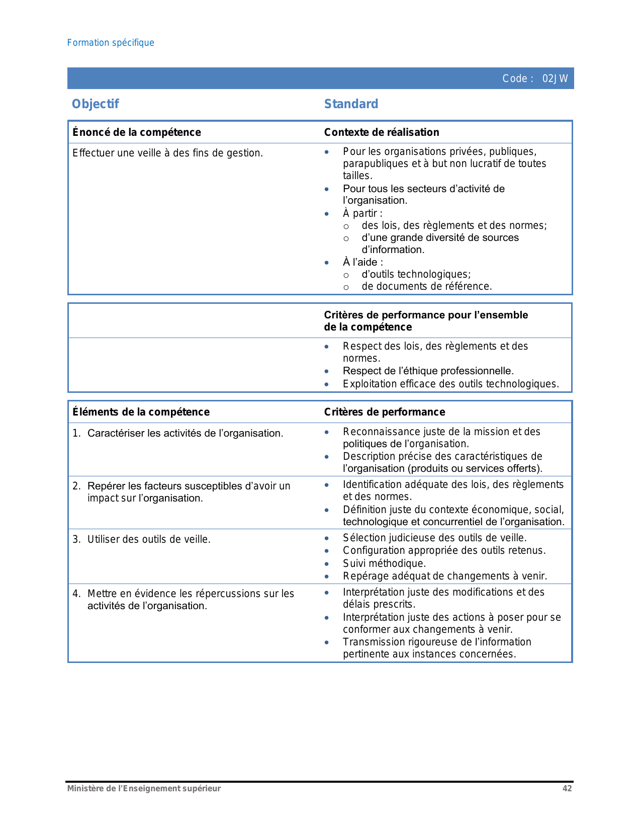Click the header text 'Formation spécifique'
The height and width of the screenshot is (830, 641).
(x=111, y=43)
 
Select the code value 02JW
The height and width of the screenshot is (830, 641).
(x=555, y=78)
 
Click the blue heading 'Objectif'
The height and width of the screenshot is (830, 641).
(x=96, y=104)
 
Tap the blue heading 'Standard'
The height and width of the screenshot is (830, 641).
(x=351, y=104)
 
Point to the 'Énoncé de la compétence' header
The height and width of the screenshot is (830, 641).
(x=137, y=132)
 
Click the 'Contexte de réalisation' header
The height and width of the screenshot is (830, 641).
(x=382, y=132)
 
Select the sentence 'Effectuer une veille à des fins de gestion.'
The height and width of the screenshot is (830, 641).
(x=167, y=153)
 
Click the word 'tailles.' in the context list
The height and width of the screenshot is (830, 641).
(x=357, y=176)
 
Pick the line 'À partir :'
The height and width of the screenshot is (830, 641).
(x=362, y=213)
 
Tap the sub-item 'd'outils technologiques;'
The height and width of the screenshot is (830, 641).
(x=416, y=274)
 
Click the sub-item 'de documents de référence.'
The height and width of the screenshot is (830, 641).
(x=427, y=286)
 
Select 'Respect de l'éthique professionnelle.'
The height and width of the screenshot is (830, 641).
(x=428, y=371)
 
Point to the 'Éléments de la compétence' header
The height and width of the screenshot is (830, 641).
(x=141, y=412)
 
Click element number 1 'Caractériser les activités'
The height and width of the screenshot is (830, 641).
(x=185, y=433)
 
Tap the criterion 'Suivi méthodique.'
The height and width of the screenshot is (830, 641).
(x=384, y=563)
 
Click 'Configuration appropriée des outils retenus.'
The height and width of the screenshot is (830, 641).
(x=444, y=550)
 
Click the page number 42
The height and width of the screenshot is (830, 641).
(x=567, y=788)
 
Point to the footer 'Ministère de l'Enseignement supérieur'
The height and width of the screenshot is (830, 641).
(x=144, y=788)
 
